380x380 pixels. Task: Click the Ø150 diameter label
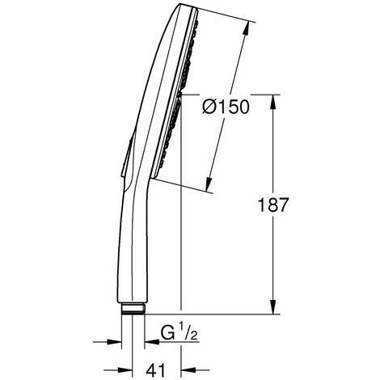[x=226, y=107]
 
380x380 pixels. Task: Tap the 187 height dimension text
[x=273, y=205]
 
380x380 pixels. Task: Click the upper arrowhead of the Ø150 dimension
[x=246, y=28]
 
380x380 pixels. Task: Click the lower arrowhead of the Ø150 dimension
[x=209, y=184]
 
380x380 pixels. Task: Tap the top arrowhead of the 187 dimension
[x=273, y=102]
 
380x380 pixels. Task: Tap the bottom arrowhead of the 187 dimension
[x=273, y=306]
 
